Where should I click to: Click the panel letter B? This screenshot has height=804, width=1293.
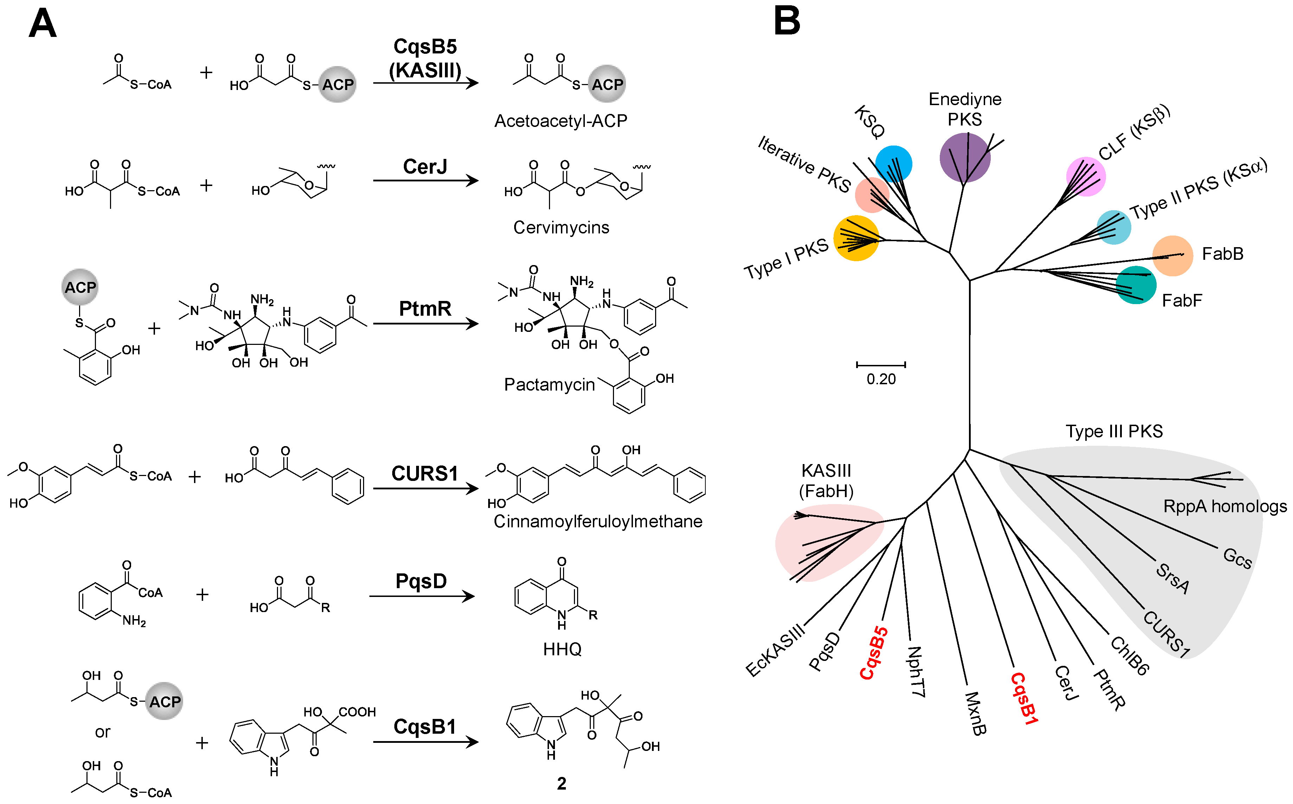click(787, 21)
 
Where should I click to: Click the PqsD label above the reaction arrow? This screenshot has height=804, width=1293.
click(421, 581)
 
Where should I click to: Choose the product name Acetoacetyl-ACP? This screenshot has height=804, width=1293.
click(560, 121)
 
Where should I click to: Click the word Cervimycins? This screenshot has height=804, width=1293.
click(561, 227)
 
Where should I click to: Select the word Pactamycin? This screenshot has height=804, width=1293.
click(549, 385)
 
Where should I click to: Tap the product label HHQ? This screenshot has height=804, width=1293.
click(562, 649)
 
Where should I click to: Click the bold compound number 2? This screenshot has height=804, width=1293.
click(561, 783)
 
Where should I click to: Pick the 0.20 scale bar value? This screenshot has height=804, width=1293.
click(881, 379)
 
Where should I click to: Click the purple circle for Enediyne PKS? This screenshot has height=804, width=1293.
click(965, 157)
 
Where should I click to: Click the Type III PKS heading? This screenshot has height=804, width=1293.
click(1113, 431)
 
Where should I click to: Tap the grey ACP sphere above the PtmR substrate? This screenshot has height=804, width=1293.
click(80, 287)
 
